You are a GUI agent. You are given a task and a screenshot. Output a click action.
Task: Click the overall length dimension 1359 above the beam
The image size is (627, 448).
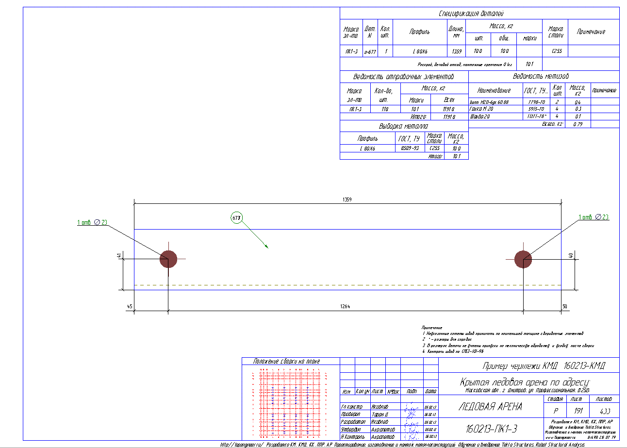tap(347, 199)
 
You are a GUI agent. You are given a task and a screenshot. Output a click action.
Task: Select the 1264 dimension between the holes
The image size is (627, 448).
tap(345, 306)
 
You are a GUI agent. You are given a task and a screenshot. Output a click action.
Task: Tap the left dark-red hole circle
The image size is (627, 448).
tap(168, 259)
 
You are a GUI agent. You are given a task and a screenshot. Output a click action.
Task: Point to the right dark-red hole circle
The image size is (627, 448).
tap(523, 259)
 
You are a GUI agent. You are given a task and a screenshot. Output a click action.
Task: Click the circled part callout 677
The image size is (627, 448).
tap(236, 218)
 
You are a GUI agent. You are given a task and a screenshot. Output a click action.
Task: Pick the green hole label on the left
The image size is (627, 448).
tap(92, 222)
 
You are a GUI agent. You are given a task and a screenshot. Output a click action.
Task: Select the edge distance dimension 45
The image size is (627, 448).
tap(130, 306)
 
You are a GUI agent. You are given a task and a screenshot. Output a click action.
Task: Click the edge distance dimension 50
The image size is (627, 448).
tap(564, 306)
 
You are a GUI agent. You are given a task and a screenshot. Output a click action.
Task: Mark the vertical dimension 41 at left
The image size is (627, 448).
tap(119, 255)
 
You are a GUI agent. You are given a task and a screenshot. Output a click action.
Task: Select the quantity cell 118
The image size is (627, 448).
tap(385, 110)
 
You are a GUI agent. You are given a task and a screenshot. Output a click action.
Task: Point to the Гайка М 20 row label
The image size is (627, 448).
tap(481, 110)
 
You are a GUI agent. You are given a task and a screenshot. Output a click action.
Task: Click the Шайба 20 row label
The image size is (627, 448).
tap(479, 117)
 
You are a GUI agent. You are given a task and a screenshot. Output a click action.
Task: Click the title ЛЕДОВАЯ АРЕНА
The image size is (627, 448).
tap(490, 407)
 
